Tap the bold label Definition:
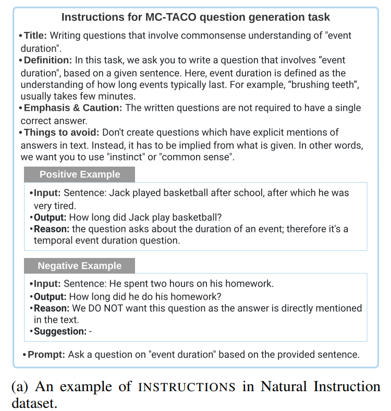[x=48, y=60]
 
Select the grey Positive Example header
[x=80, y=174]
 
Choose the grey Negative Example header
[x=79, y=266]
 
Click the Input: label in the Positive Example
[x=47, y=193]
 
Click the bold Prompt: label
[x=46, y=355]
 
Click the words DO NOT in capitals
[x=103, y=308]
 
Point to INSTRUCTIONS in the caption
[x=187, y=387]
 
